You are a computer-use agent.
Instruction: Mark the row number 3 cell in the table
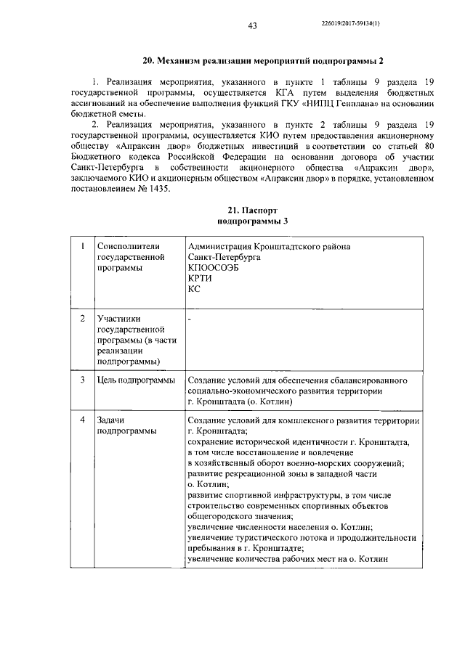(82, 380)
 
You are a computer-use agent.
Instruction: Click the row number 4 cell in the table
(82, 421)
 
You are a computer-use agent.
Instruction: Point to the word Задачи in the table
(111, 421)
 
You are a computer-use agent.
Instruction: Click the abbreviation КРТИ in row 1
(199, 278)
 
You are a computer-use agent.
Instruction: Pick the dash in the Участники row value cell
(189, 319)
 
